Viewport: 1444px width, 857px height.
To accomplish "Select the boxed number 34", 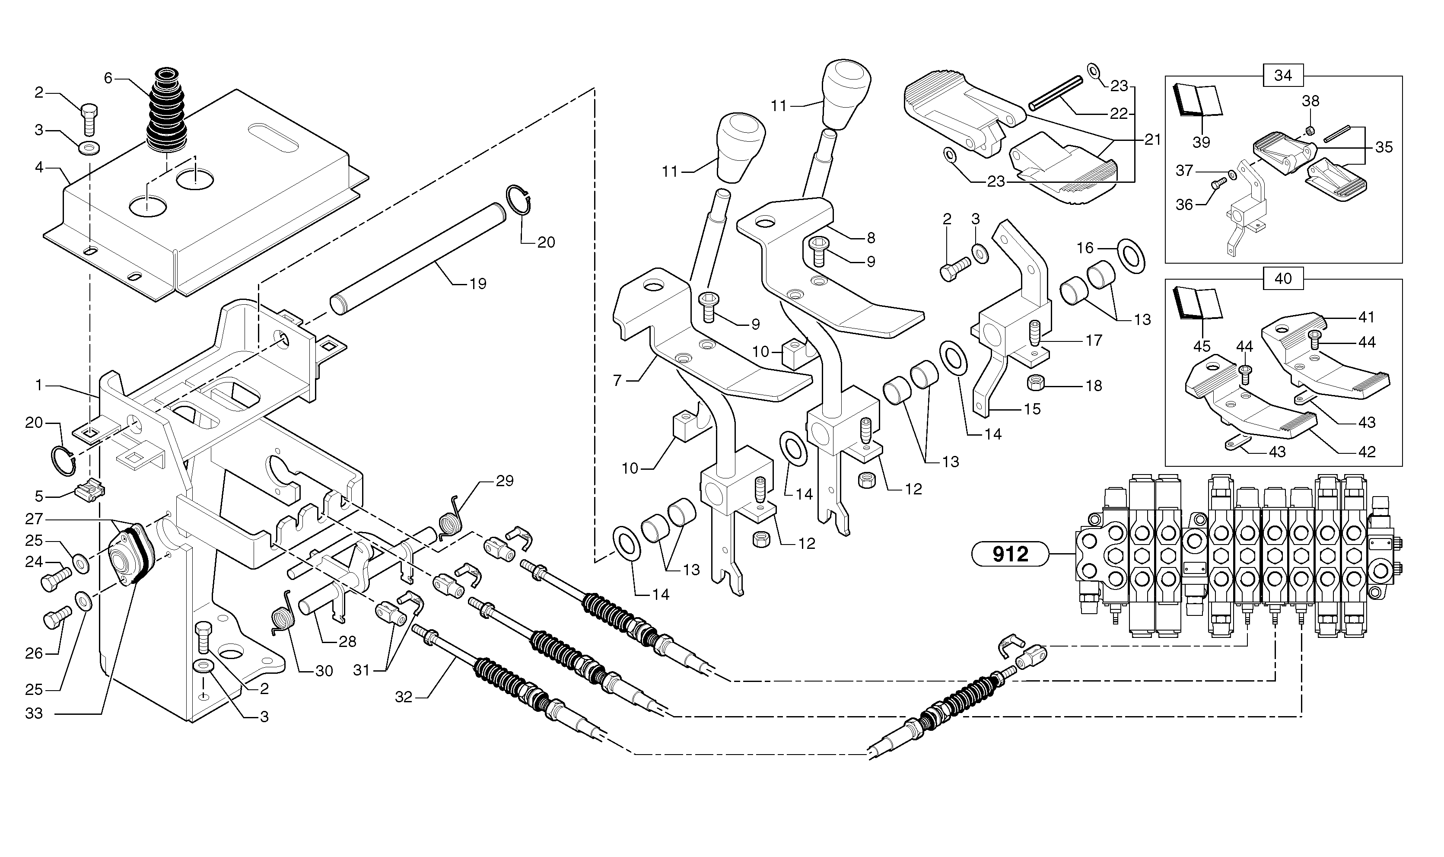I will click(x=1282, y=76).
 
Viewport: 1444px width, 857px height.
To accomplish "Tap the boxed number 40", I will click(x=1282, y=279).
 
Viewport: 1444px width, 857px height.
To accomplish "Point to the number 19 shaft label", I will click(x=478, y=284).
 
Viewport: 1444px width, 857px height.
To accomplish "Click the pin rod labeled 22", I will click(x=1054, y=93).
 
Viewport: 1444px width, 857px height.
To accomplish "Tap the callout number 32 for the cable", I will click(x=404, y=697).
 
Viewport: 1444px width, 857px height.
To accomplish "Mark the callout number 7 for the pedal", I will click(x=617, y=381).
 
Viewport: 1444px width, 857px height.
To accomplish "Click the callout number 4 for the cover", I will click(x=39, y=168).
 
